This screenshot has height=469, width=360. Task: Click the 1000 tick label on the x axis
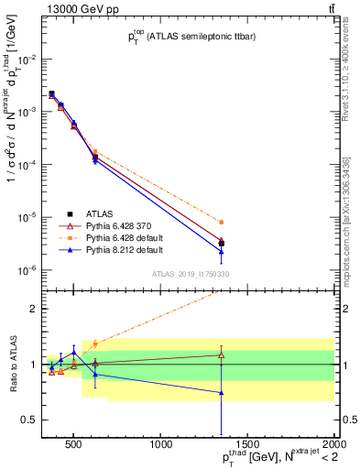coord(161,445)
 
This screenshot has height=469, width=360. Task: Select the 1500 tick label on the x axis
coord(248,445)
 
